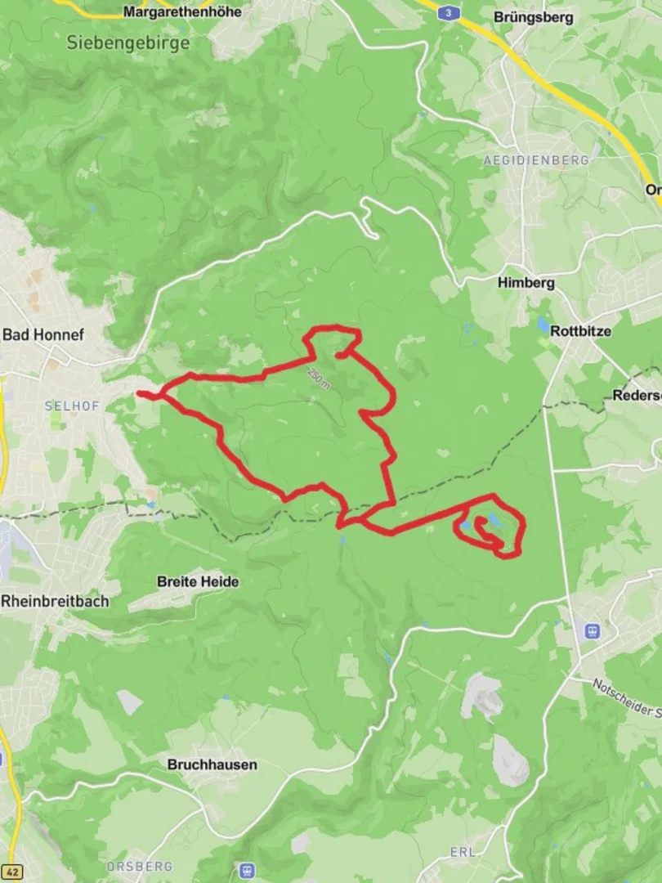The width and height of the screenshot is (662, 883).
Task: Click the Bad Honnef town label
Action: pos(43,334)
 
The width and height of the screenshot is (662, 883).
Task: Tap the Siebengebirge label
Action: pos(129,42)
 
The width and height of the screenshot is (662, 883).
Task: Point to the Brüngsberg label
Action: pos(534,17)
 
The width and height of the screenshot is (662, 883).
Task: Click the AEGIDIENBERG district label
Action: pos(536,161)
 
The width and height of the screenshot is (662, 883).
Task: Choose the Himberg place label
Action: pos(526,283)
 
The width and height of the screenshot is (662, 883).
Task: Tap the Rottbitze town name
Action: pos(580,331)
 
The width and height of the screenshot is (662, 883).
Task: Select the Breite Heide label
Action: pos(198,582)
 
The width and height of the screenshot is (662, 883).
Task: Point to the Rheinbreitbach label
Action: pos(55,601)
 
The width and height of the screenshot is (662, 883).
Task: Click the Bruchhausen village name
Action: pos(212,764)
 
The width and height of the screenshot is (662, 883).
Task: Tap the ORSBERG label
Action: pos(139,866)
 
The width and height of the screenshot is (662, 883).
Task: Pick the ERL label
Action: pos(463,853)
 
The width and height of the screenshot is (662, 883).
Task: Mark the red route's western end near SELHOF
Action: pos(141,394)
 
